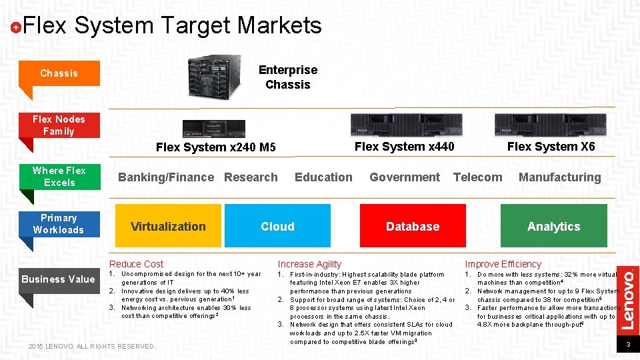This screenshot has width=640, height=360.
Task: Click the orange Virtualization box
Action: point(168,226)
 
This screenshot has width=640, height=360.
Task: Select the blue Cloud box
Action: point(277,226)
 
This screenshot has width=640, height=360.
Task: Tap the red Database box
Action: point(413,226)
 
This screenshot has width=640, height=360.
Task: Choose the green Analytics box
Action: point(553,226)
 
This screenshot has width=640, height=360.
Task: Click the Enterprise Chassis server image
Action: point(215,77)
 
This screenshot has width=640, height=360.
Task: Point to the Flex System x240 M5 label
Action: point(215,147)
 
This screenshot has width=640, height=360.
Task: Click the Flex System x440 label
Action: point(405,147)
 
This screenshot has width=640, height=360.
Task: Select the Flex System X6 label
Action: point(551,147)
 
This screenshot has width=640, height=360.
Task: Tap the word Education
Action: point(323,177)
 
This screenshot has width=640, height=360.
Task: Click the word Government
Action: point(405,177)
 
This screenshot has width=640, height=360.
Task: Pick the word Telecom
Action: point(477,177)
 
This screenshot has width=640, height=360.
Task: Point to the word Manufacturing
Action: point(559,177)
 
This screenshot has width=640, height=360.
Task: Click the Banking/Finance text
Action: point(166,177)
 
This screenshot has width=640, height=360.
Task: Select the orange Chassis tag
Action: point(59,73)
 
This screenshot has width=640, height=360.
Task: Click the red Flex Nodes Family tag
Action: point(59,125)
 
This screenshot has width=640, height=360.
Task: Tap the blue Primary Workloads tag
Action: point(59,224)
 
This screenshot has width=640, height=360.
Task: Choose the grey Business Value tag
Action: point(58,279)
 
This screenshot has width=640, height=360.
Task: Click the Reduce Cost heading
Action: point(136,264)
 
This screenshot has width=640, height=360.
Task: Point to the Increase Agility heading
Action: point(309,264)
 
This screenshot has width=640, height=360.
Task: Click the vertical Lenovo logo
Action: point(629,299)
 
